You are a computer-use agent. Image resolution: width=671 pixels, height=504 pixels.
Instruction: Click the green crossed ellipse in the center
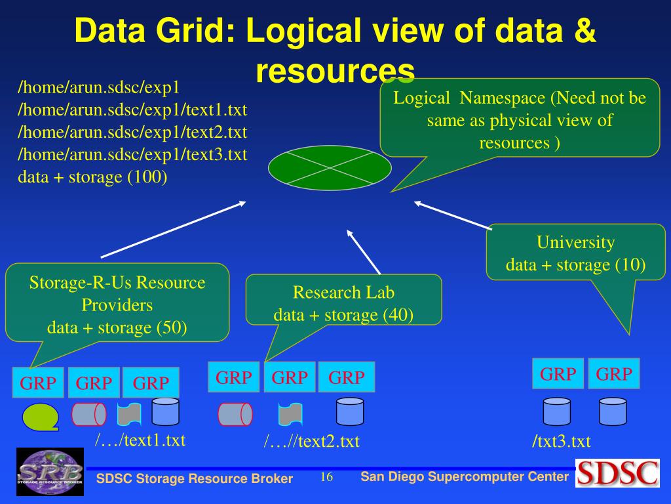tap(330, 169)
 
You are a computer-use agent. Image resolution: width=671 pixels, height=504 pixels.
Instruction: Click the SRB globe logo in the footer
tap(50, 471)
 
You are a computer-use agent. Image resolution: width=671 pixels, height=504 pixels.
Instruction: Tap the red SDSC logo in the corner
tap(617, 473)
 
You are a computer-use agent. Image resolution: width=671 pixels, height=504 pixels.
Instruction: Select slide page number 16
tap(326, 477)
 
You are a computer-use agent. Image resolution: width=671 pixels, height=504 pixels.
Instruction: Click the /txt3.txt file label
tap(561, 442)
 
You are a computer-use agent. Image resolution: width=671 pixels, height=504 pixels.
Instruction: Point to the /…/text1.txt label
tap(140, 440)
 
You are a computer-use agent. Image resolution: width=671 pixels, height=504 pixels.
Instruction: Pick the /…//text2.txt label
tap(312, 442)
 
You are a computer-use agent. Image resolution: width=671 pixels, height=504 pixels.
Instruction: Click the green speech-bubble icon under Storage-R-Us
tap(40, 416)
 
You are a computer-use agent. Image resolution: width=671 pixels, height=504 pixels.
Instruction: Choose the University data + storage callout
tap(575, 253)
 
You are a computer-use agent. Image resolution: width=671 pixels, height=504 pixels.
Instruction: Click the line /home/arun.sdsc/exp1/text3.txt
tap(132, 154)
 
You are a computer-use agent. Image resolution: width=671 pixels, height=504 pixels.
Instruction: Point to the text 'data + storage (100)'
tap(92, 177)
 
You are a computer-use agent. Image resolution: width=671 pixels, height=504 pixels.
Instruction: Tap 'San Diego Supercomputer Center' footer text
tap(465, 476)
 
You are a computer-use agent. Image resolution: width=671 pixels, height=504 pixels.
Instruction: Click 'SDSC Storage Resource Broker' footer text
tap(195, 478)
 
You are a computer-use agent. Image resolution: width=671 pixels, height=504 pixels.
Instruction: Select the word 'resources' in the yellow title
tap(335, 71)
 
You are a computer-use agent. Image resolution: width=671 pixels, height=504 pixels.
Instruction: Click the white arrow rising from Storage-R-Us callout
tap(173, 229)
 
